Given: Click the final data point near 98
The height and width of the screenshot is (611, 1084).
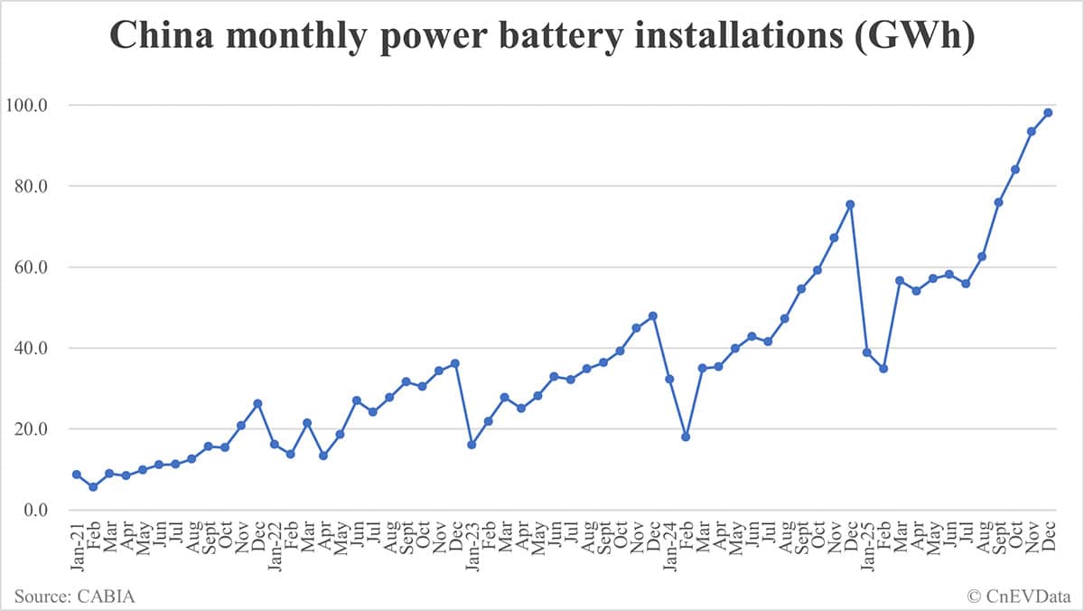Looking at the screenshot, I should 1048,112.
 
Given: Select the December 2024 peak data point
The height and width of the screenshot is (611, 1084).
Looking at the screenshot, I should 850,204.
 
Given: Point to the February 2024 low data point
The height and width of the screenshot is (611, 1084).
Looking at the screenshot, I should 686,437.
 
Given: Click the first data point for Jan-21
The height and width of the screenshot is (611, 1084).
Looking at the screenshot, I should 77,475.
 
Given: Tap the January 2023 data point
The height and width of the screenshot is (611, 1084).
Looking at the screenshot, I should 472,445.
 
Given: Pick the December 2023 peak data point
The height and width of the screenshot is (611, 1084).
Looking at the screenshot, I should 652,315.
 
